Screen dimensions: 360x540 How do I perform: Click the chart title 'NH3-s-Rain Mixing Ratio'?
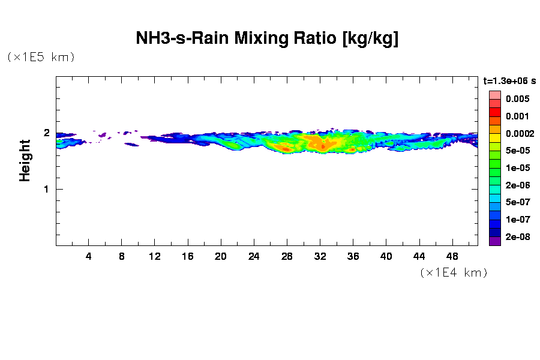tap(267, 39)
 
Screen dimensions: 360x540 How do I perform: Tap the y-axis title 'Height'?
tap(25, 160)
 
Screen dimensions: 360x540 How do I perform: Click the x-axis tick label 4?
tap(89, 256)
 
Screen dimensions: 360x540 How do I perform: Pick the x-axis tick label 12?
tap(155, 256)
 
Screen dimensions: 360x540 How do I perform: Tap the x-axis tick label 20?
tap(221, 256)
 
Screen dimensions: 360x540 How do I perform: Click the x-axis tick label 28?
tap(287, 256)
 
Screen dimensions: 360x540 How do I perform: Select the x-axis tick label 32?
tap(320, 256)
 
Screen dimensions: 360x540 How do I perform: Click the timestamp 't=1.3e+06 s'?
tap(509, 80)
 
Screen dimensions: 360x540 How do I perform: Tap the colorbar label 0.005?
tap(517, 99)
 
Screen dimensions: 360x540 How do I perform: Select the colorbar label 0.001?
tap(517, 116)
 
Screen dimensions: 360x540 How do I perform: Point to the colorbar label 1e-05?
tap(517, 168)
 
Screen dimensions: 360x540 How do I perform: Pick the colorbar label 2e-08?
tap(517, 237)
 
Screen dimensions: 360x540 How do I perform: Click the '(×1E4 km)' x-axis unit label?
tap(453, 273)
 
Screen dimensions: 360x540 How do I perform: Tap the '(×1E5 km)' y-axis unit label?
tap(41, 58)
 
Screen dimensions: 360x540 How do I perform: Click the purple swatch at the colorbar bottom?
tap(494, 241)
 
